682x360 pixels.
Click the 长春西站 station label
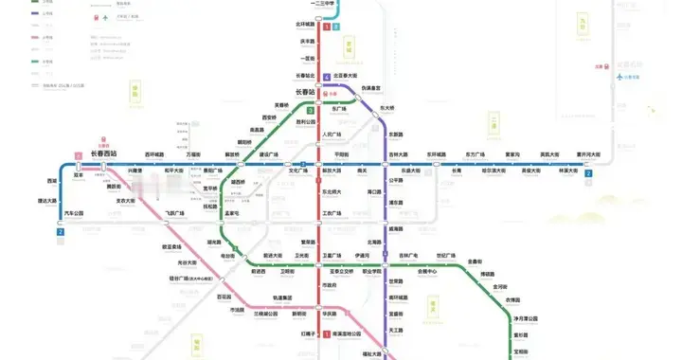(x=103, y=153)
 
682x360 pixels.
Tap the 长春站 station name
(x=336, y=91)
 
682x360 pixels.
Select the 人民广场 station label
(x=332, y=135)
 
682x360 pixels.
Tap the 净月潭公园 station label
(x=526, y=318)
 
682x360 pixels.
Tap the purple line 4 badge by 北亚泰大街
(x=326, y=77)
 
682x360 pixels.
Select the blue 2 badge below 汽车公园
(x=62, y=231)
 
